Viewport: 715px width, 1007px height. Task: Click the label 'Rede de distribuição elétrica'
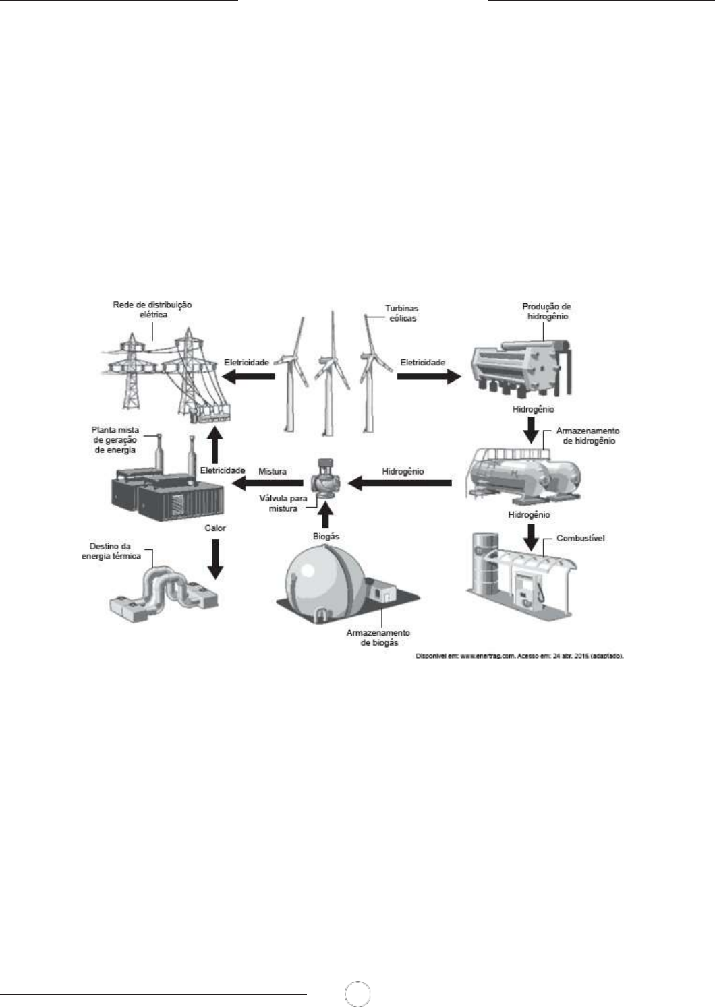pyautogui.click(x=152, y=309)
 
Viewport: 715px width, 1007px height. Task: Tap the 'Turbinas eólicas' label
pyautogui.click(x=401, y=313)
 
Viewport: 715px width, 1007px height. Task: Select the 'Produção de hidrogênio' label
pyautogui.click(x=546, y=311)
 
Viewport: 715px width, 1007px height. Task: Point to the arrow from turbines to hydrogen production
pyautogui.click(x=427, y=377)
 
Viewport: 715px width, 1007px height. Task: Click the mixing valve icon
pyautogui.click(x=323, y=480)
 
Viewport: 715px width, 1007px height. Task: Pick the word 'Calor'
pyautogui.click(x=214, y=528)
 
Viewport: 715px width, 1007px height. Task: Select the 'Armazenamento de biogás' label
pyautogui.click(x=379, y=638)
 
